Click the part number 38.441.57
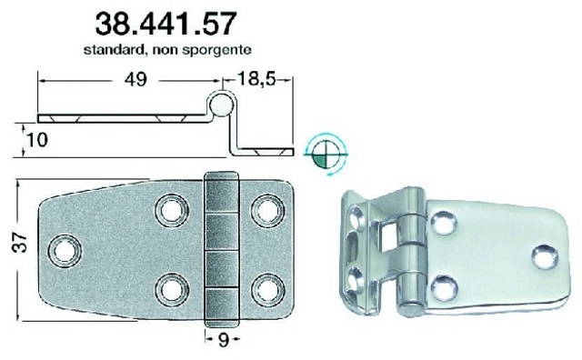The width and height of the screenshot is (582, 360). coord(166,24)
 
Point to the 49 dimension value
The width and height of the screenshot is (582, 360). coord(135,79)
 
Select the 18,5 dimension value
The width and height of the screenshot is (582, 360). coord(256,79)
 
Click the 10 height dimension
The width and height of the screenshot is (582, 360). coord(36,140)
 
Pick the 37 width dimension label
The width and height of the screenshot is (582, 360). coord(20,243)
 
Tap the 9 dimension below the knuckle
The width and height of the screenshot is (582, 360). coord(223,340)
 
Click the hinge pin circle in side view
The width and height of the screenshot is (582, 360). coord(222,104)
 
